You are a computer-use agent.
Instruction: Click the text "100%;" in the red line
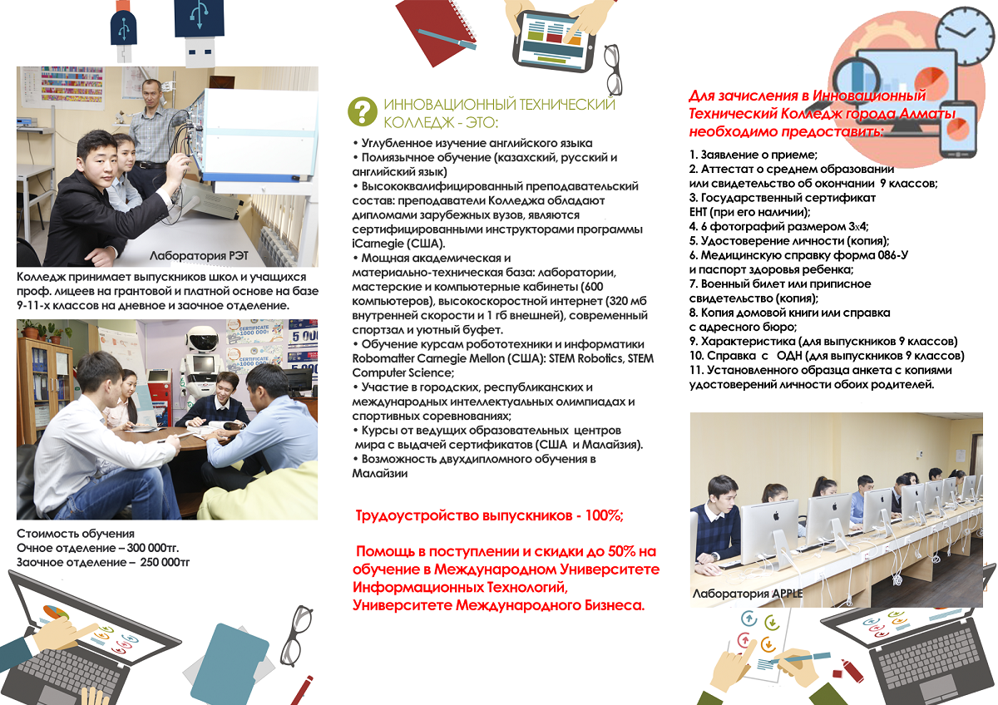tap(604, 515)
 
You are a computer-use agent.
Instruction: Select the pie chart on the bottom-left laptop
tap(55, 613)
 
